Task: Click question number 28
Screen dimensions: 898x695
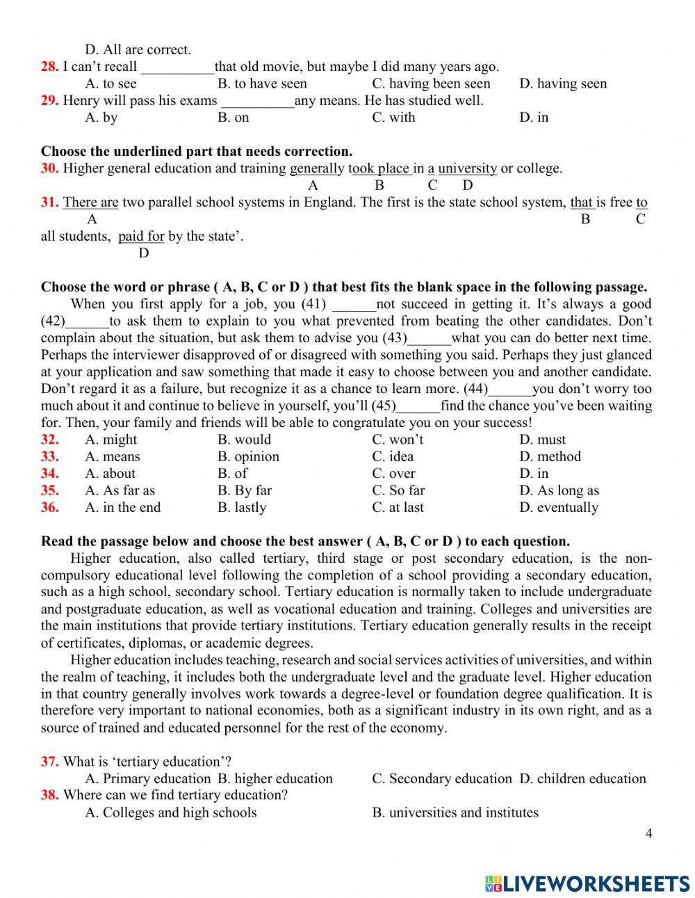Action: (49, 67)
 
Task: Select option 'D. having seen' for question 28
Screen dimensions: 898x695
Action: (562, 83)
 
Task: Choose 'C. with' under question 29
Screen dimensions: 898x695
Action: (393, 118)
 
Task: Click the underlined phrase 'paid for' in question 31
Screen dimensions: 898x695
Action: (141, 236)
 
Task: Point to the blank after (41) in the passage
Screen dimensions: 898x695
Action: (354, 305)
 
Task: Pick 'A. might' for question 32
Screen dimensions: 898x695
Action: (111, 440)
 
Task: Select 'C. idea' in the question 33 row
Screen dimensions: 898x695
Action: (393, 457)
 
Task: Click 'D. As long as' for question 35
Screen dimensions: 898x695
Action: (559, 490)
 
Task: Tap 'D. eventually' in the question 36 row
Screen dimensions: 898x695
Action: (558, 508)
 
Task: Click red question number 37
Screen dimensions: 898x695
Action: (49, 762)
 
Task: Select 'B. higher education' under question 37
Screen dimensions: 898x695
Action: (275, 779)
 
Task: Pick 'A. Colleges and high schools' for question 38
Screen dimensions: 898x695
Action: (171, 812)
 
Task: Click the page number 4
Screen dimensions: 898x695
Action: (649, 833)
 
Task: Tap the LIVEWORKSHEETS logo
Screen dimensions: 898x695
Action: (587, 883)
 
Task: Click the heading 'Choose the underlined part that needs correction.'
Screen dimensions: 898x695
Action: (197, 151)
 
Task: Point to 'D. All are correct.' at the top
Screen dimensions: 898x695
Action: (138, 50)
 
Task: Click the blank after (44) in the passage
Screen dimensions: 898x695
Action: (511, 390)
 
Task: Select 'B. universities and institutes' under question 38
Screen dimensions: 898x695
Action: (455, 812)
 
